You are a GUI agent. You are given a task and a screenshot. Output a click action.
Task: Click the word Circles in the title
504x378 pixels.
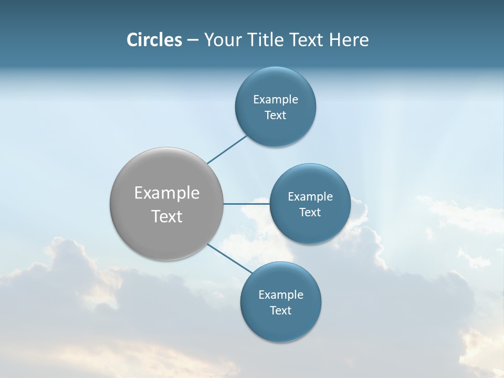pos(154,40)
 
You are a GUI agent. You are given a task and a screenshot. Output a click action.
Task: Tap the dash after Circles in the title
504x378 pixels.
pos(193,40)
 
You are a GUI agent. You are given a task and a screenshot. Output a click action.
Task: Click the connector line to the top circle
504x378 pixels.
pos(227,150)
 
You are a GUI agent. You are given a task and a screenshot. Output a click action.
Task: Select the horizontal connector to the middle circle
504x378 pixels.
pos(246,204)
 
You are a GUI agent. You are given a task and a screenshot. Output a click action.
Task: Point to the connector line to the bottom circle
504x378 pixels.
pos(229,258)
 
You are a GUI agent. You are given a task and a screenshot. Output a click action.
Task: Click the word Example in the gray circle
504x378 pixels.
pos(167,193)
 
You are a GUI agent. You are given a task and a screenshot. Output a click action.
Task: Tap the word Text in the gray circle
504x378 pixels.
pos(167,216)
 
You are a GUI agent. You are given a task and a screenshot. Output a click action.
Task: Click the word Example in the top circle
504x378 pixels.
pos(276,100)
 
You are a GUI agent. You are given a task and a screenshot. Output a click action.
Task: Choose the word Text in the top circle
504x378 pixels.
pos(275,115)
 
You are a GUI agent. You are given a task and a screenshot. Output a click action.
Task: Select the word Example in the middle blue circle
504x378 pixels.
pos(310,197)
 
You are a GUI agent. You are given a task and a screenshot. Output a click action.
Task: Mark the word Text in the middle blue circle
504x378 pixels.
pos(310,213)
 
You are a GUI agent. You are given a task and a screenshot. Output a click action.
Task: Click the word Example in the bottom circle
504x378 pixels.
pos(281,295)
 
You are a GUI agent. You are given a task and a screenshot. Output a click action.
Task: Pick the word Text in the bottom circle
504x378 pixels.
pos(280,311)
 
